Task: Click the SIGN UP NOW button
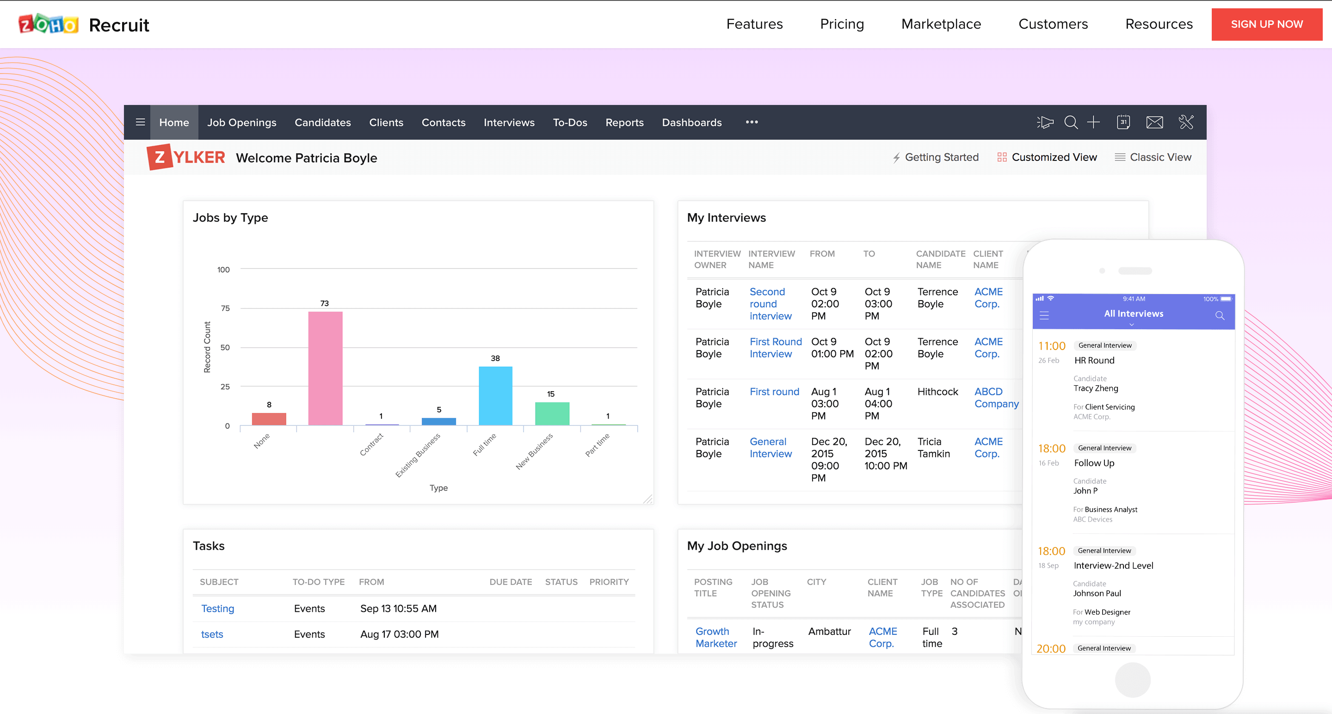[x=1266, y=25]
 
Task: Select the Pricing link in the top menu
[x=841, y=25]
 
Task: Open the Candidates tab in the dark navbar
[x=322, y=123]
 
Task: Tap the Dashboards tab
[x=691, y=123]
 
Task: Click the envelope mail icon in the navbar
[x=1154, y=123]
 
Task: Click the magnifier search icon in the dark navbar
[x=1070, y=123]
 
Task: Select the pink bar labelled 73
[x=325, y=368]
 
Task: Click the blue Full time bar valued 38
[x=495, y=395]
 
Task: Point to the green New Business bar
[x=552, y=413]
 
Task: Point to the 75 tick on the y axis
[x=225, y=308]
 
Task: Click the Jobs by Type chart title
[x=230, y=218]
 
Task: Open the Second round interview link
[x=770, y=304]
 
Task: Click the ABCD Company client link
[x=996, y=398]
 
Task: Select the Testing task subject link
[x=217, y=609]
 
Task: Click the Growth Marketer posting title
[x=715, y=638]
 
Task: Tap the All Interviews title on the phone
[x=1133, y=314]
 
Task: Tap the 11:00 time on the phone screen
[x=1051, y=346]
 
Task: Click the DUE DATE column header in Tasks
[x=510, y=582]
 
